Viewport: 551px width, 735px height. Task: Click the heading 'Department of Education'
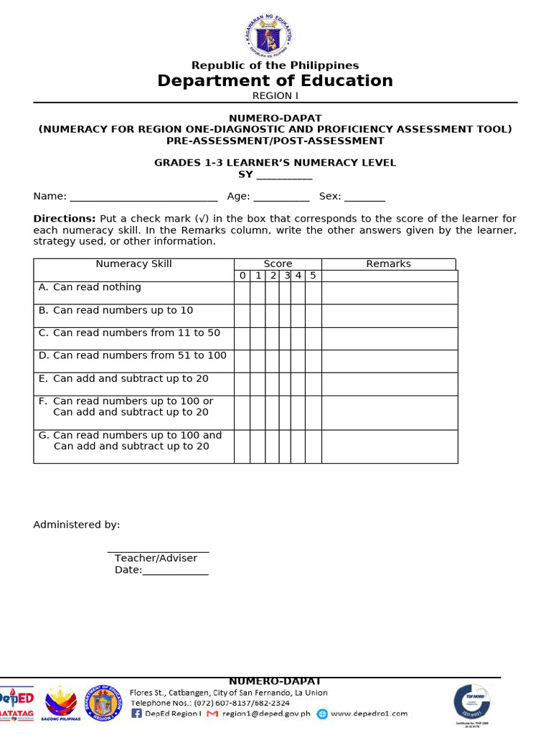coord(275,80)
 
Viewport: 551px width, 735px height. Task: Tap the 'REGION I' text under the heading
coord(275,95)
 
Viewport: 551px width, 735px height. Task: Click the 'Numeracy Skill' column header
coord(134,264)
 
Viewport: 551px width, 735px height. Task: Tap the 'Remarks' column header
coord(388,264)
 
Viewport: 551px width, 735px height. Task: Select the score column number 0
coord(242,276)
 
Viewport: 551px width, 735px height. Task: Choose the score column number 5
coord(313,276)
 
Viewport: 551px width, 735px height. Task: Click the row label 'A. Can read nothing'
coord(90,287)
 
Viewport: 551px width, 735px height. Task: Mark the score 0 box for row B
coord(242,316)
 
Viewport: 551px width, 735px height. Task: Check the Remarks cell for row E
coord(389,384)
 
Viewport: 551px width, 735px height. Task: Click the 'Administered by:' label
coord(77,525)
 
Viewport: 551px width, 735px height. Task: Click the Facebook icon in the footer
coord(136,713)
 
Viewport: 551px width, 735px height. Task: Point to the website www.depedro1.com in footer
coord(369,713)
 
